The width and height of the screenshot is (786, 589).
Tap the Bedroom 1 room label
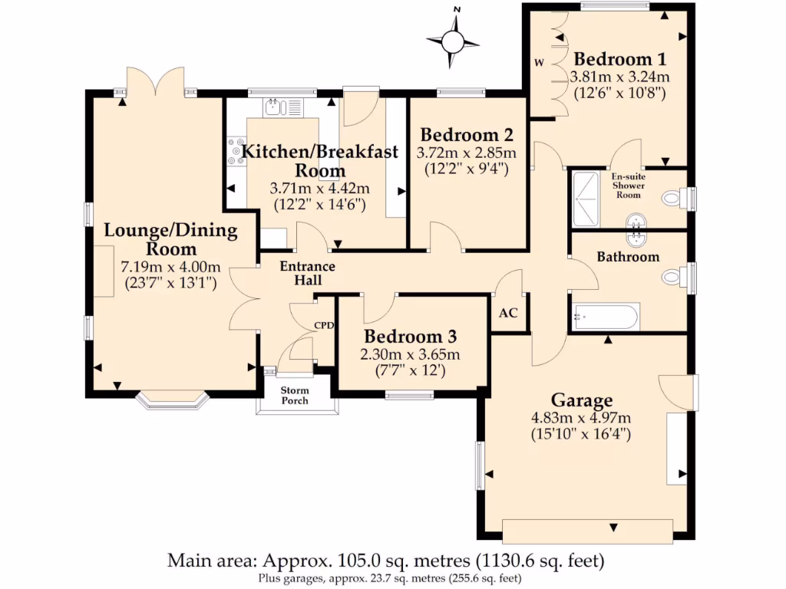(x=620, y=59)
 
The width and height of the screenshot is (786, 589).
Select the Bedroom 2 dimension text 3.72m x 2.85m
(x=466, y=153)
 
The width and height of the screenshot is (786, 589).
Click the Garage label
(x=582, y=400)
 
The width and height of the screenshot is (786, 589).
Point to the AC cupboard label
(x=508, y=313)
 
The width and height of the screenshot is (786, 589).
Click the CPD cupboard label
(x=324, y=325)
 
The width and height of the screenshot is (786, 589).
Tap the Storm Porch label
(x=295, y=395)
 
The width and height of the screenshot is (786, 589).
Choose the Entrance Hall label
(x=307, y=273)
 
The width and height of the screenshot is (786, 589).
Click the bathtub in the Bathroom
(x=606, y=317)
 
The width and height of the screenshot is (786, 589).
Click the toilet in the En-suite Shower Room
(x=675, y=198)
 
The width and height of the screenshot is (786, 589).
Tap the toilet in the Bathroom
(x=675, y=277)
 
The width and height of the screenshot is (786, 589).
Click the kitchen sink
(x=275, y=107)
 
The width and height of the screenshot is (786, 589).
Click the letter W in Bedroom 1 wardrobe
(x=540, y=63)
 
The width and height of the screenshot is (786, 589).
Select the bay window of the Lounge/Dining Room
(x=172, y=399)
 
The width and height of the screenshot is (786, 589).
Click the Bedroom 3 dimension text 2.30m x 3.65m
(x=410, y=354)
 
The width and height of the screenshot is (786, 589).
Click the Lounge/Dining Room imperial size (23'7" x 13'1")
(x=170, y=284)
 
